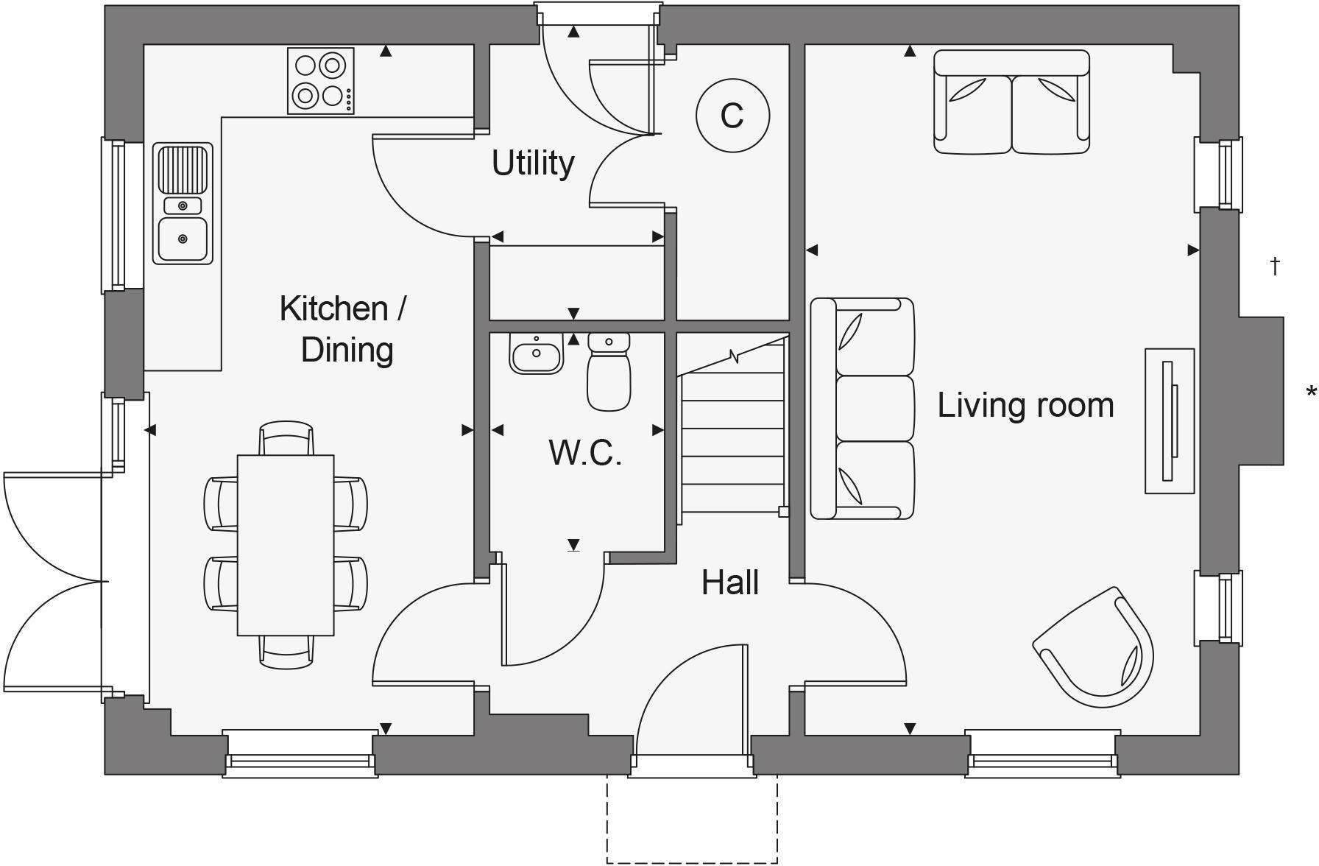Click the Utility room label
click(533, 163)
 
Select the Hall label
click(729, 582)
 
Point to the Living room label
click(1025, 405)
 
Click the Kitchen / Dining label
click(344, 328)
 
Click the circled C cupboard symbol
click(732, 116)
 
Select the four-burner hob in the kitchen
click(320, 81)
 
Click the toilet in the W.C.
click(609, 372)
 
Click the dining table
click(286, 545)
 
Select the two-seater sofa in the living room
click(1011, 102)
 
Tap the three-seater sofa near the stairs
click(863, 409)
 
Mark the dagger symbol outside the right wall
click(1276, 265)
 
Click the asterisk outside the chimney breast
click(1311, 393)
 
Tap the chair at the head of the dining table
click(286, 438)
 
